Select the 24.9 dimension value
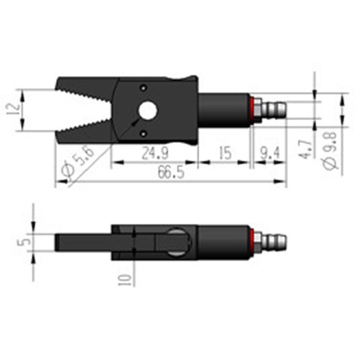pyautogui.click(x=154, y=153)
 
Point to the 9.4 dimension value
pyautogui.click(x=269, y=153)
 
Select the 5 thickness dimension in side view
pyautogui.click(x=26, y=242)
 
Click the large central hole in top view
pyautogui.click(x=147, y=110)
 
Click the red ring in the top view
pyautogui.click(x=252, y=110)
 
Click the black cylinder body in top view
pyautogui.click(x=223, y=110)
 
